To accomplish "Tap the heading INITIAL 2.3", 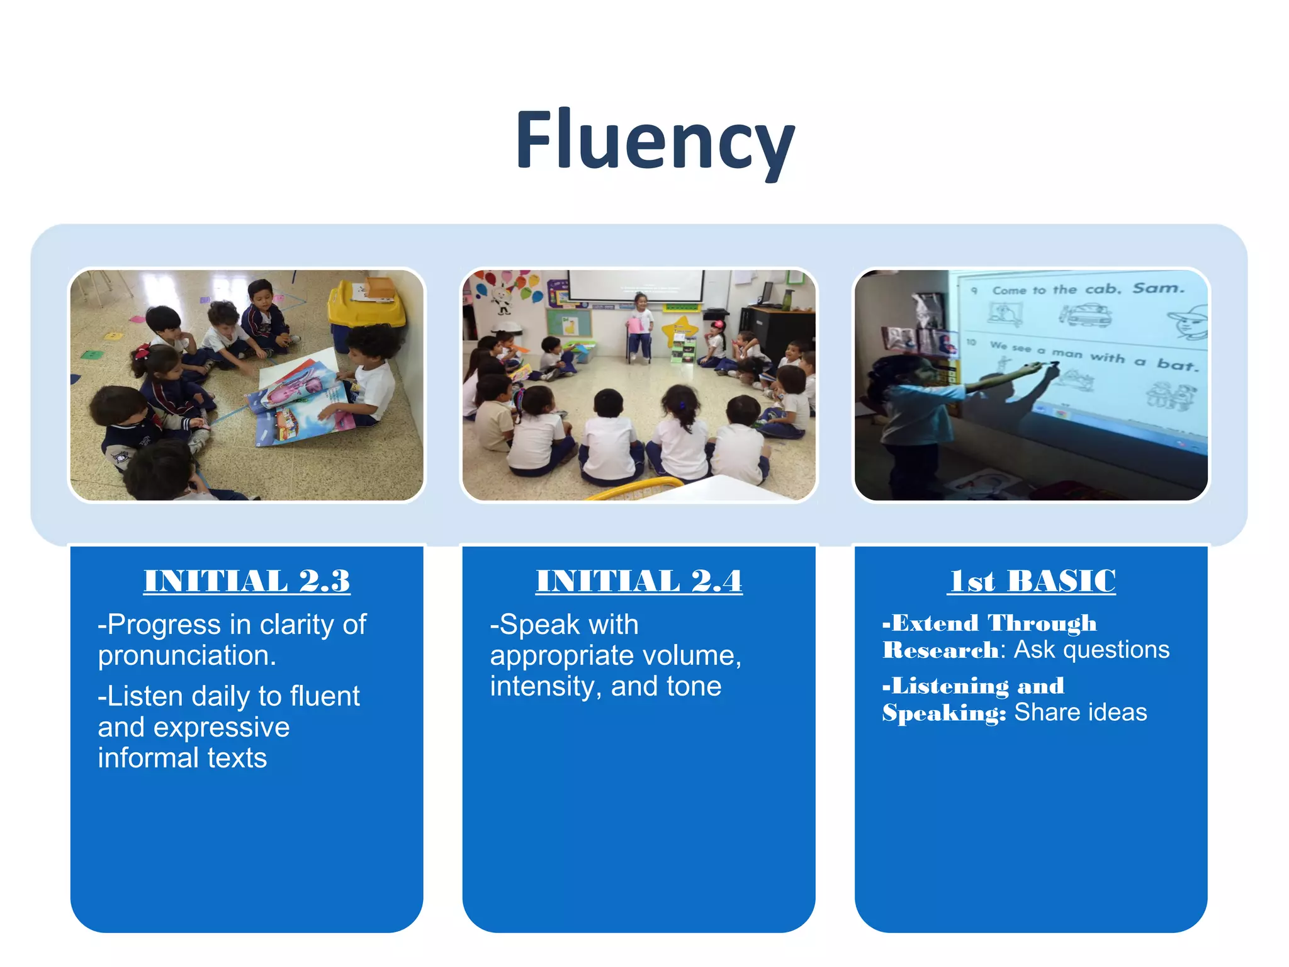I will tap(247, 580).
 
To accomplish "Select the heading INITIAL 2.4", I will tap(639, 580).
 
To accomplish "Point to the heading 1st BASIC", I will tap(1032, 580).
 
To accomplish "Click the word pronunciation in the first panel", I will tap(187, 656).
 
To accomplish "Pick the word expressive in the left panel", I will tap(222, 728).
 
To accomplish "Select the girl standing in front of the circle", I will tap(640, 327).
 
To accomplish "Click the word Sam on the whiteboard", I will tap(1158, 288).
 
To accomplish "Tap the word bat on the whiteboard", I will tap(1176, 364).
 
